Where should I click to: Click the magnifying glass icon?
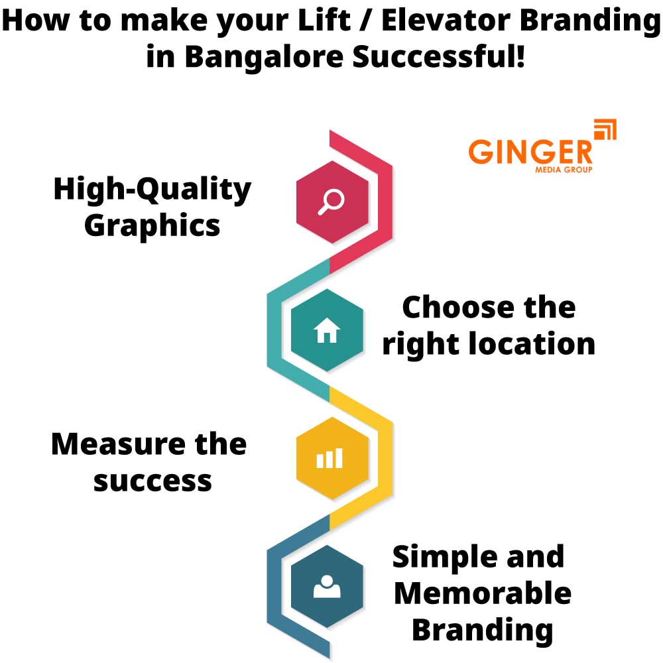click(331, 202)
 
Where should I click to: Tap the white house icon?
click(327, 330)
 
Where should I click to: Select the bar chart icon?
click(330, 458)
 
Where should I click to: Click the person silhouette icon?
click(327, 586)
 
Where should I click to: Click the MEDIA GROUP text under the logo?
click(564, 170)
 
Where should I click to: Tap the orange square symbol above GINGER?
click(605, 130)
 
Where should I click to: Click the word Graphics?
click(152, 225)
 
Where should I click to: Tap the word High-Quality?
click(152, 190)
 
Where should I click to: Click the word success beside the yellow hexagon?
click(152, 480)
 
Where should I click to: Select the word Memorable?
click(482, 593)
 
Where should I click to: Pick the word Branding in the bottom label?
click(482, 629)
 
